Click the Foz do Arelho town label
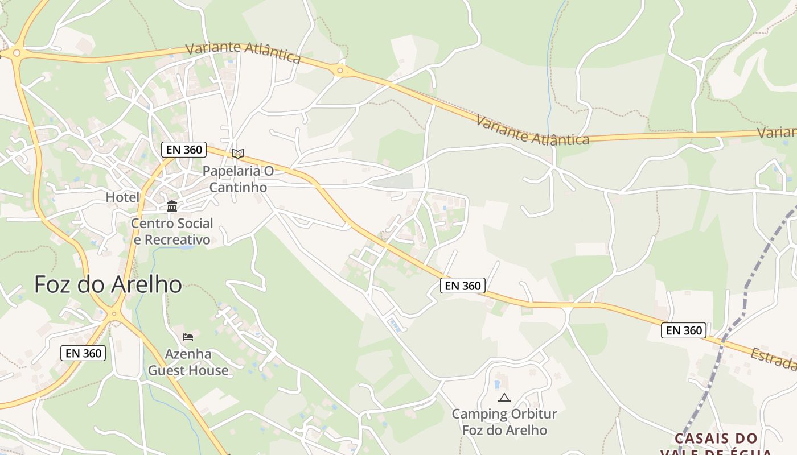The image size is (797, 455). [x=108, y=284]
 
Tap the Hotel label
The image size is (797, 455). [x=122, y=197]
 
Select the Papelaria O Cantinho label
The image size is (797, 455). [x=238, y=179]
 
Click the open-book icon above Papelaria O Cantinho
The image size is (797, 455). [x=238, y=154]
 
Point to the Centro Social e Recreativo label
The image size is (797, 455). [x=172, y=231]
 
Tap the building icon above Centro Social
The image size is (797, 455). [x=172, y=206]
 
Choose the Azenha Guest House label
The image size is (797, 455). [x=188, y=362]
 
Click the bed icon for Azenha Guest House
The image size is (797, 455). [x=188, y=337]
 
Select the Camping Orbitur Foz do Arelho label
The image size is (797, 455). [x=504, y=421]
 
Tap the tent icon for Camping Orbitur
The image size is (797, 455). [x=504, y=398]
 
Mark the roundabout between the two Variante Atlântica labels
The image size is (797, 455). [x=340, y=71]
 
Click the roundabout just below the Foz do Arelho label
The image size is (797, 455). [x=114, y=313]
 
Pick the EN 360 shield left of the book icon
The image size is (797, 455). [x=183, y=150]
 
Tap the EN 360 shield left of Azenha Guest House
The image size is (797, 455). [x=83, y=353]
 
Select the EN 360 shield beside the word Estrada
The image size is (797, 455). [x=684, y=330]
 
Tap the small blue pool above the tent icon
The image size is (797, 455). [x=497, y=384]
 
